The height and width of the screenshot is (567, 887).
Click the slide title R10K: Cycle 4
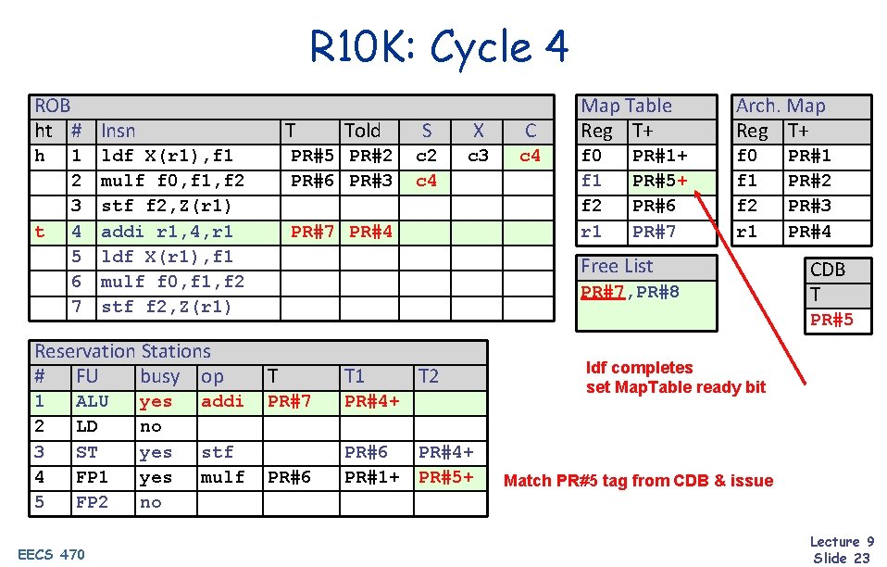(439, 47)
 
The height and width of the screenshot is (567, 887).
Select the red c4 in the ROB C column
(530, 156)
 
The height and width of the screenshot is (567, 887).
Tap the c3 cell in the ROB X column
(478, 156)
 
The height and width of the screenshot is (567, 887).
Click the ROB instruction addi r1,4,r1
(167, 231)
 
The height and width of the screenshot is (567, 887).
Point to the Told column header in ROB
(362, 131)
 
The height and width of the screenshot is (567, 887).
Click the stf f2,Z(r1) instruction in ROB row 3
(167, 206)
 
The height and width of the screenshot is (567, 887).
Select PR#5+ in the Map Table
(659, 181)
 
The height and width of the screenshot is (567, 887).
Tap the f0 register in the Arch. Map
(746, 156)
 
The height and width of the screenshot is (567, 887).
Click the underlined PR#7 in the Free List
(602, 292)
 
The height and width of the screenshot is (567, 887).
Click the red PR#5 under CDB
(831, 320)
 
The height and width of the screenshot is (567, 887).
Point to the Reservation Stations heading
(122, 351)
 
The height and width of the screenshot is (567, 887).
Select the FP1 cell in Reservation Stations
(92, 477)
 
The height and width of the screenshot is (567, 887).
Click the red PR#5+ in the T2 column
(446, 477)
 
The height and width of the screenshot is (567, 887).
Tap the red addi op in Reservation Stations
(222, 401)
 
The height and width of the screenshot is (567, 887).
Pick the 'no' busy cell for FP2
(150, 502)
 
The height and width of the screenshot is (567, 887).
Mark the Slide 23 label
(842, 557)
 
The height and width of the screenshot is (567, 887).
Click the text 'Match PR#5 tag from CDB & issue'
(638, 480)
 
